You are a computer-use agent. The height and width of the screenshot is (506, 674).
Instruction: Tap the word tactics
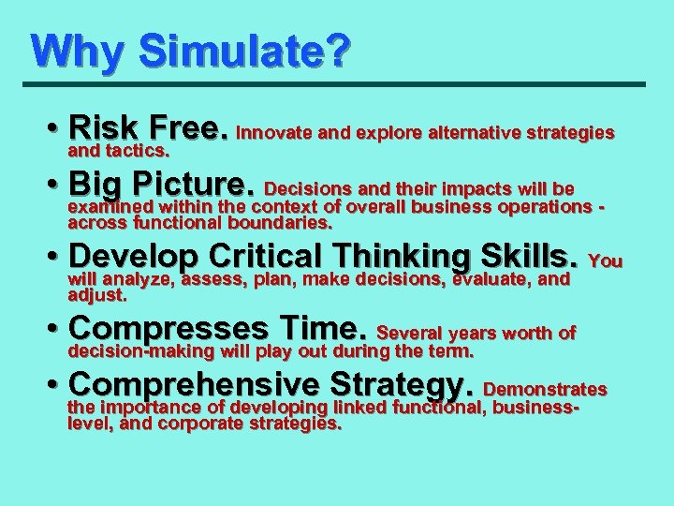(135, 151)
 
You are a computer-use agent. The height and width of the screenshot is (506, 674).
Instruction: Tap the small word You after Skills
(607, 260)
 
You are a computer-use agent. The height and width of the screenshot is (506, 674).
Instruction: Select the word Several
(409, 333)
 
